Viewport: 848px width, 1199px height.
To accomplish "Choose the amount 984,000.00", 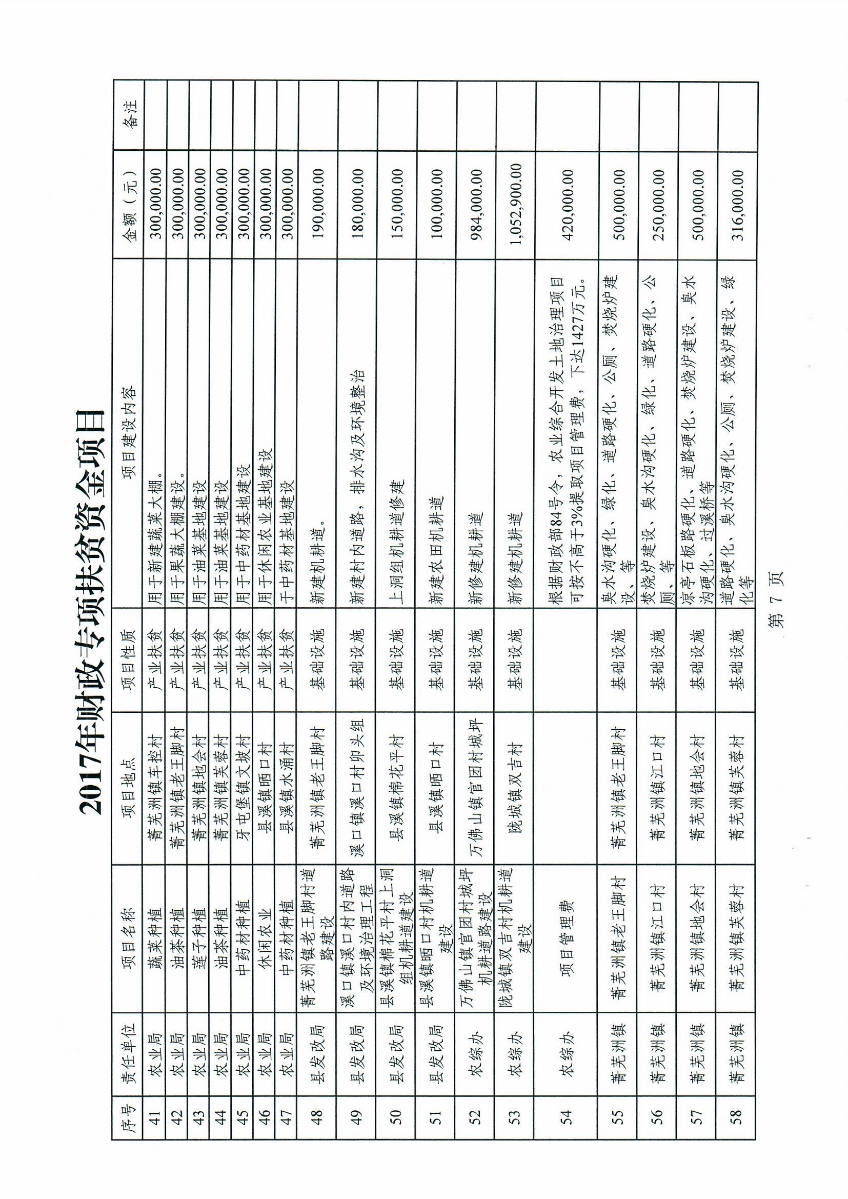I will [476, 206].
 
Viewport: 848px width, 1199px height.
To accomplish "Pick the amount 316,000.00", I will [737, 206].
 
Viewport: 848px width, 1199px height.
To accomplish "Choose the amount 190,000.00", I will [317, 206].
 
